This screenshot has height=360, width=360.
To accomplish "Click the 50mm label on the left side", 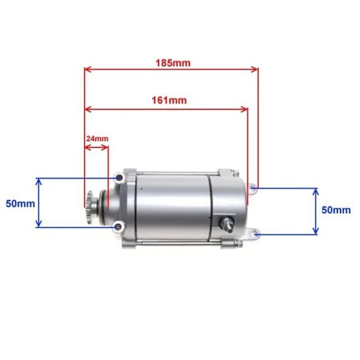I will (20, 203).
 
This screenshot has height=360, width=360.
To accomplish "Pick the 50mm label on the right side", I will (336, 210).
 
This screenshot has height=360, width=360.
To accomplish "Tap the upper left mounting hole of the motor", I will (117, 179).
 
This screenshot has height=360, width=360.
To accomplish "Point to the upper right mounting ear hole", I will (253, 189).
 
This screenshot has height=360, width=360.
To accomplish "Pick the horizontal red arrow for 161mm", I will (166, 108).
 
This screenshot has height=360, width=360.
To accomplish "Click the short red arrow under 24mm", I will (96, 147).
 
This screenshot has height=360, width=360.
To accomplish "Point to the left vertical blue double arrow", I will (38, 203).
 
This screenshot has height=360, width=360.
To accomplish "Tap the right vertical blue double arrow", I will (316, 211).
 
